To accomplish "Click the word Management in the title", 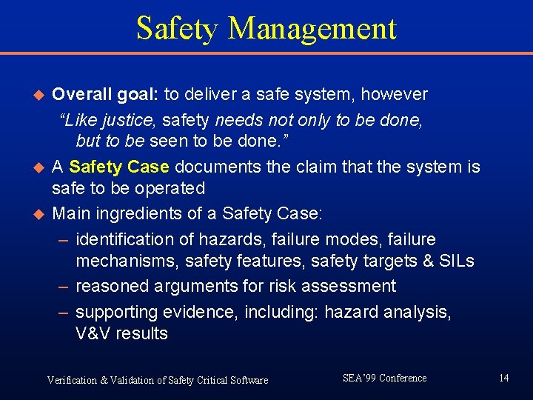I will (312, 28).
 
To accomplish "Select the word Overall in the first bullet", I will (83, 95).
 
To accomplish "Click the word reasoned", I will (113, 286).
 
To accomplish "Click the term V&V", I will (93, 333).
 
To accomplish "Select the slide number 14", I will (503, 379).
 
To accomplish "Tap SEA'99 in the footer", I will (359, 378).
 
